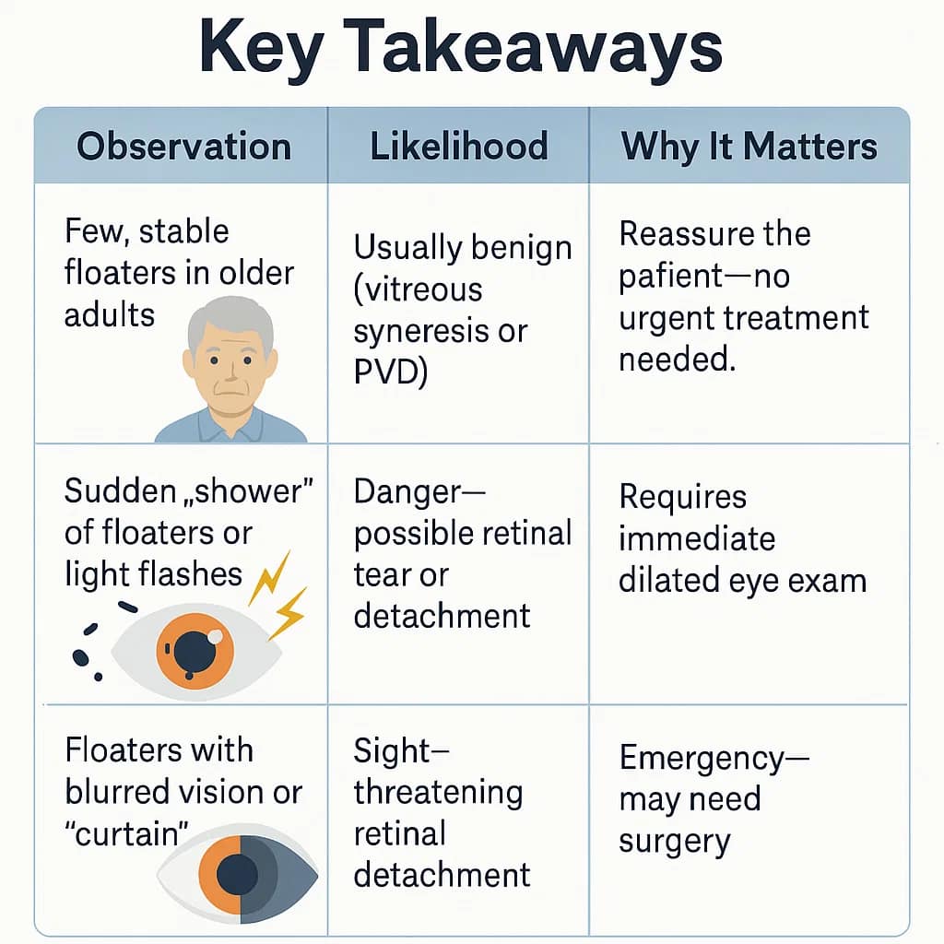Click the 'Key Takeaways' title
coord(461,50)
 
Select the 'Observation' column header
coord(183,147)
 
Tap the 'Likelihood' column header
coord(458,147)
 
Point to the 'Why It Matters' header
coord(749,147)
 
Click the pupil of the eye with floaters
coord(195,650)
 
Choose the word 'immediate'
coord(683,538)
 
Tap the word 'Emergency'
coord(700,758)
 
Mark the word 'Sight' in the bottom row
coord(388,751)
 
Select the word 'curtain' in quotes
coord(125,833)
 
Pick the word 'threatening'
coord(438,792)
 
